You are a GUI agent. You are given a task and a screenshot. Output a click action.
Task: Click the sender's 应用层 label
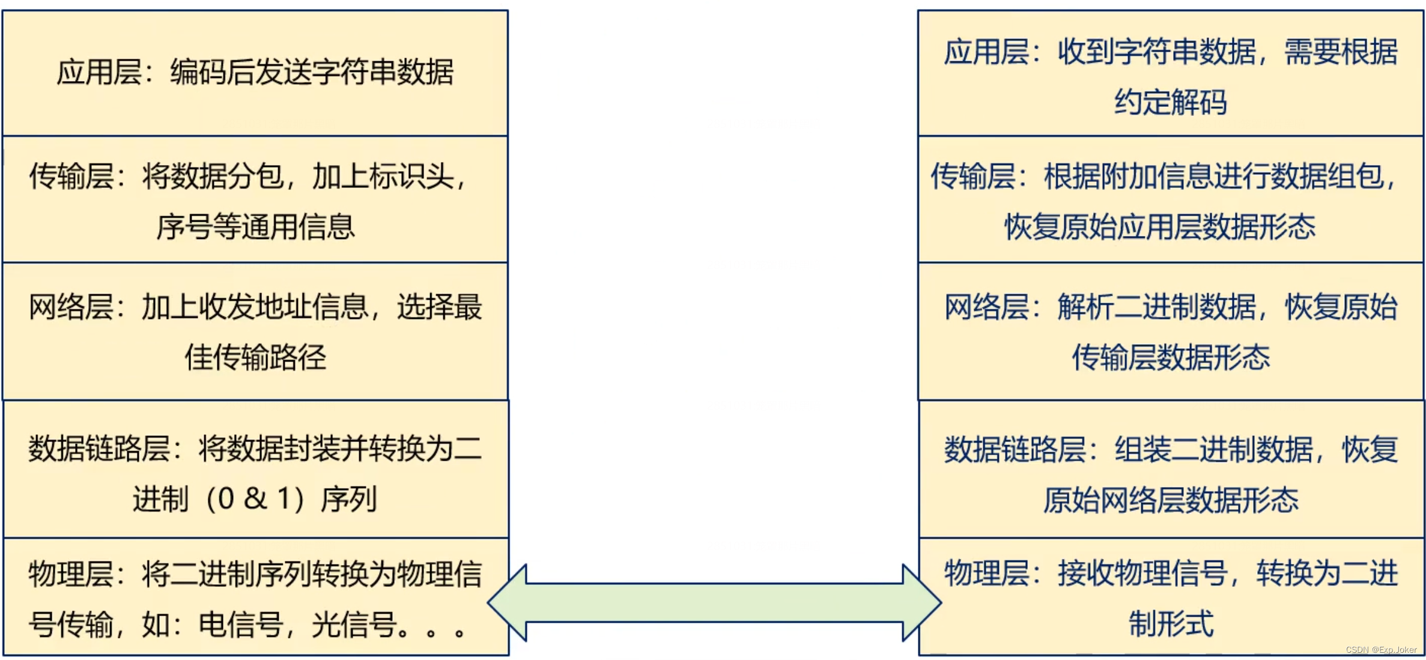click(99, 72)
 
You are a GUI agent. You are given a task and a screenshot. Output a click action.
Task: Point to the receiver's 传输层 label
click(973, 177)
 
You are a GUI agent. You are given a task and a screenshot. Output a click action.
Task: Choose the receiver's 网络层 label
click(986, 307)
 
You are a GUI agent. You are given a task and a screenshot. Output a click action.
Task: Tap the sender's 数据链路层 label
click(99, 449)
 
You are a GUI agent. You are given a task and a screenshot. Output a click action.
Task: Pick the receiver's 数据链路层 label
click(1015, 449)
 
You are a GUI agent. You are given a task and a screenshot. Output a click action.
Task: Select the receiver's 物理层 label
click(986, 573)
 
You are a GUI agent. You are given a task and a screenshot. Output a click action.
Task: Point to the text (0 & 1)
click(255, 499)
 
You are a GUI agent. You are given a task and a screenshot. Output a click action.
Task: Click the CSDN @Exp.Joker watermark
click(1381, 650)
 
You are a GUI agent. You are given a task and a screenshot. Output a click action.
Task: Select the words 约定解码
click(1170, 102)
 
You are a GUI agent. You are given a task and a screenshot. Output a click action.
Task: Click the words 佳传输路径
click(255, 357)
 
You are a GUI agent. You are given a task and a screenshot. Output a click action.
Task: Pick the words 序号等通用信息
click(255, 227)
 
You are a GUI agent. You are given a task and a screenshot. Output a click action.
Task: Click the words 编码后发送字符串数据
click(312, 72)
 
